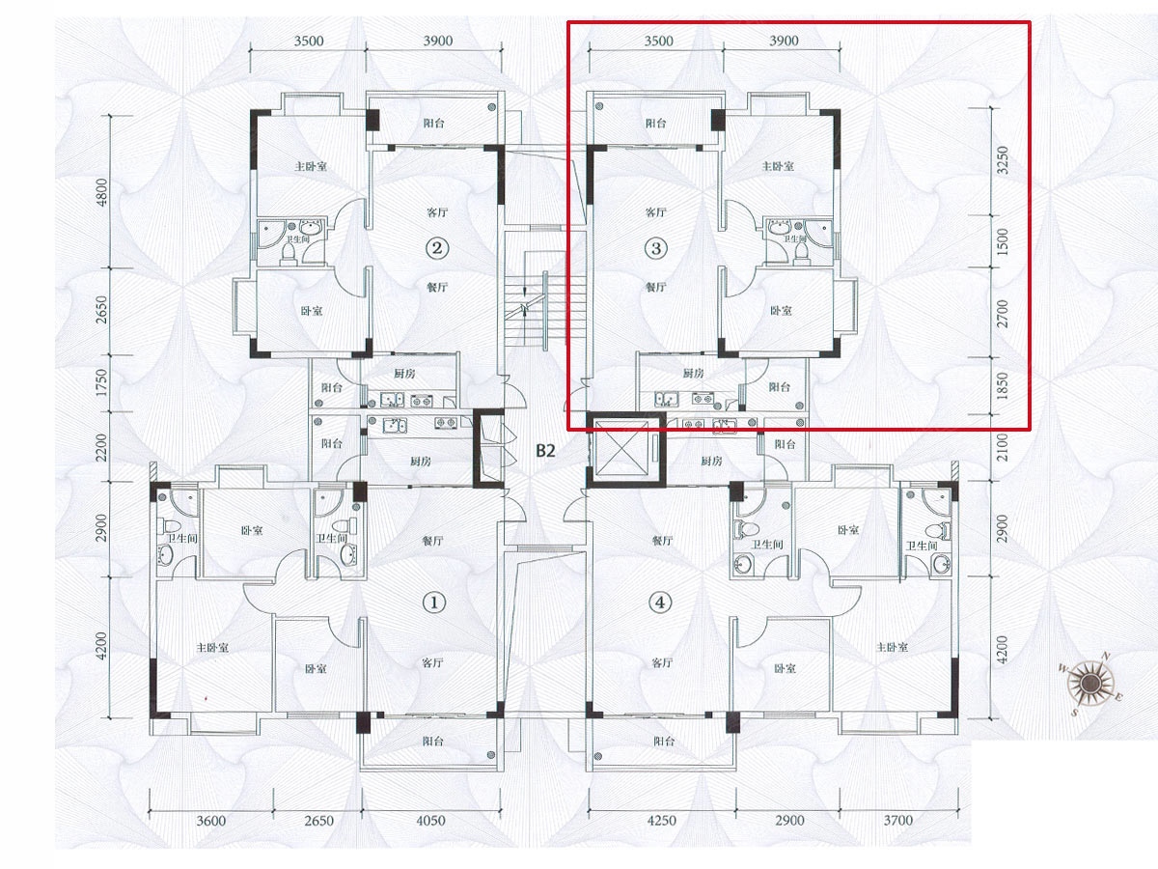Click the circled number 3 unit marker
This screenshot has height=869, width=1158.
click(656, 248)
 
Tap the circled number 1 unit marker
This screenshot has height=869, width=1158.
click(434, 602)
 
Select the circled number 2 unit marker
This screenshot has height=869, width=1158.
click(437, 248)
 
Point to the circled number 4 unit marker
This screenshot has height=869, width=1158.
click(660, 602)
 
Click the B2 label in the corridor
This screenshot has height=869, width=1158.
click(545, 451)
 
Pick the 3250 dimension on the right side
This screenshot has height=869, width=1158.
click(1003, 160)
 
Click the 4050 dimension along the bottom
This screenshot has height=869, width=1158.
click(430, 821)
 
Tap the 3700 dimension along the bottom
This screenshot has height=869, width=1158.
click(897, 821)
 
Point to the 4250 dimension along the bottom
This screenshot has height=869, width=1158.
click(661, 821)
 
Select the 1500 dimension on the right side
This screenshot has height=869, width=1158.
click(1003, 241)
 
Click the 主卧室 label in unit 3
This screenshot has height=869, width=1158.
click(778, 166)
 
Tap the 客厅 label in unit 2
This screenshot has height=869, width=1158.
click(437, 212)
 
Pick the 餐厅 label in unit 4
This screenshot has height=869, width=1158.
click(662, 541)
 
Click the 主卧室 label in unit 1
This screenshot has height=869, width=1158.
click(212, 647)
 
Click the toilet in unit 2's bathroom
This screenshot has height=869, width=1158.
click(289, 253)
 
